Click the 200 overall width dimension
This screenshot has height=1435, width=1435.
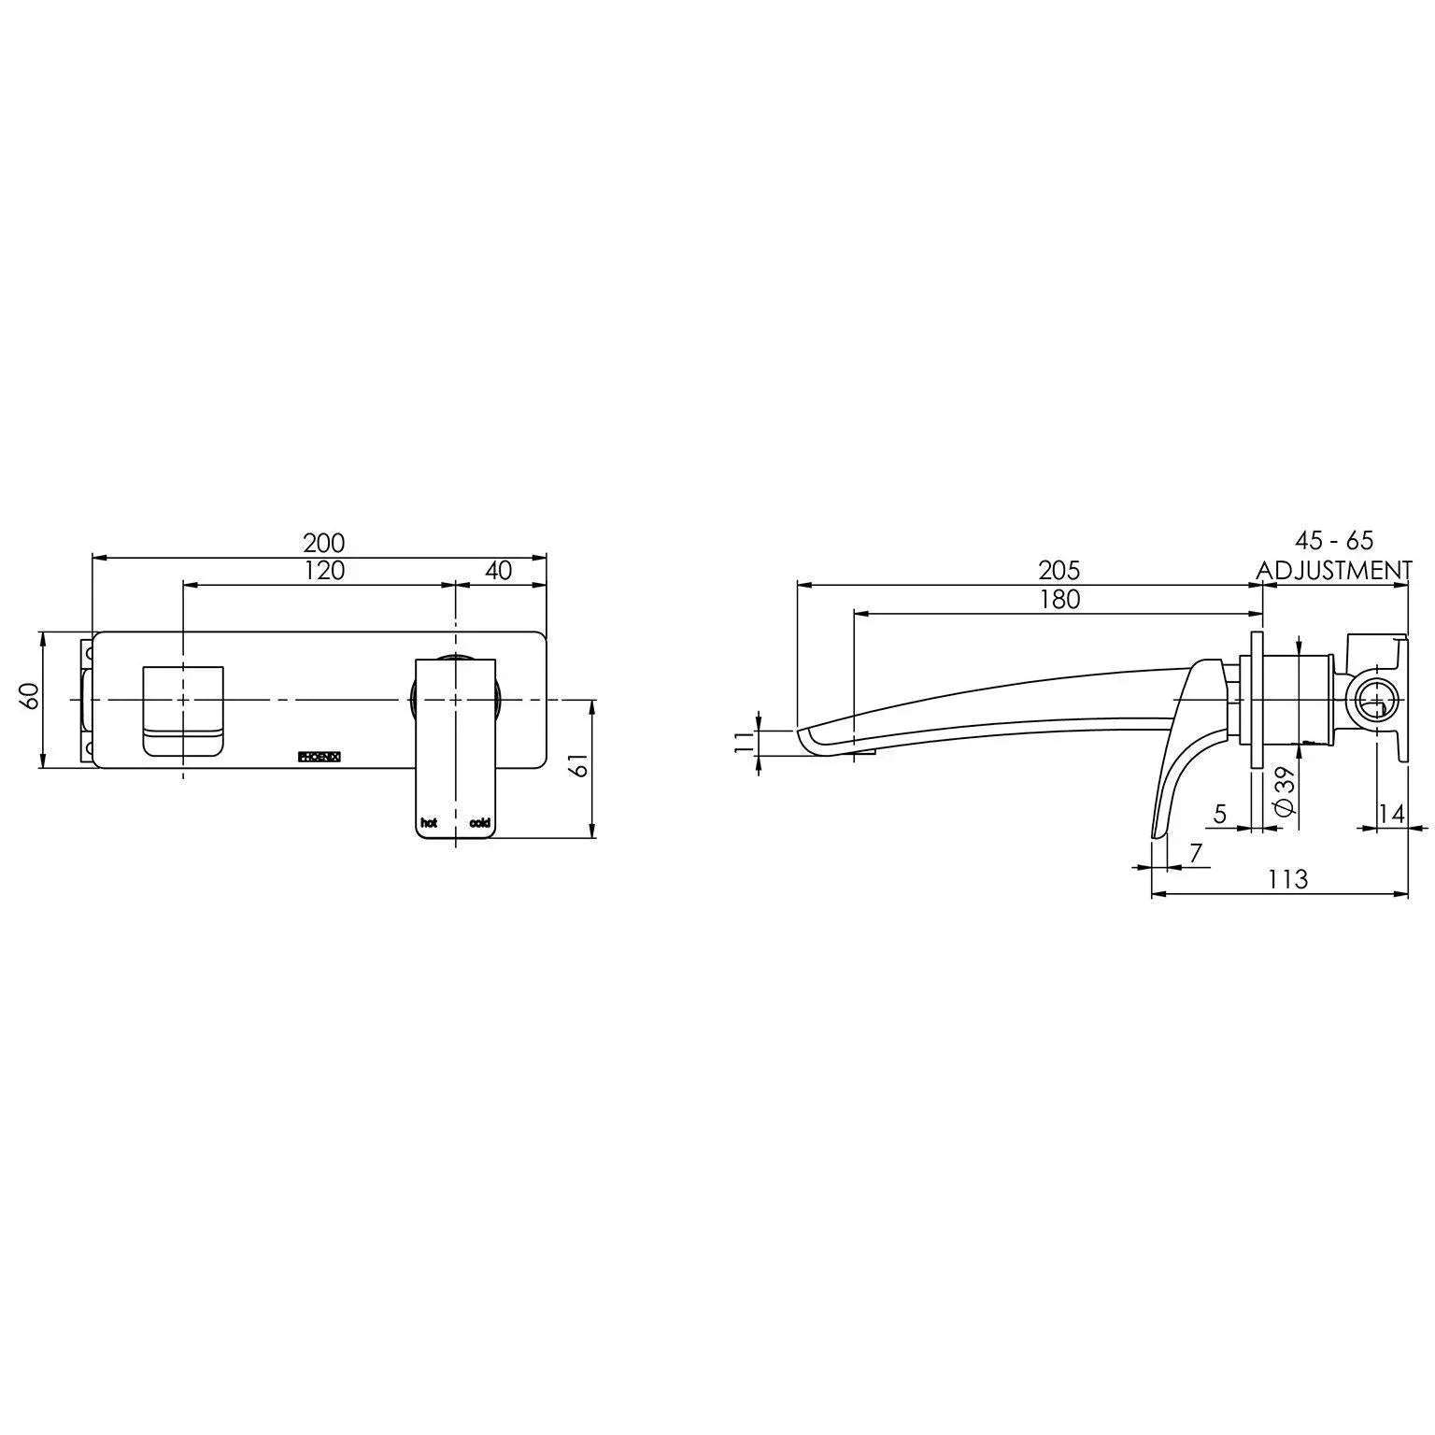pyautogui.click(x=323, y=543)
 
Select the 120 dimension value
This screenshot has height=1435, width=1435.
pyautogui.click(x=323, y=570)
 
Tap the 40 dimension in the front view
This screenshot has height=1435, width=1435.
pyautogui.click(x=499, y=570)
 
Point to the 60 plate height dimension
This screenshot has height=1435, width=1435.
pyautogui.click(x=31, y=695)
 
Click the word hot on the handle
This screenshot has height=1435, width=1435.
pyautogui.click(x=429, y=823)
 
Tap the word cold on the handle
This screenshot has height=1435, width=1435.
pyautogui.click(x=479, y=823)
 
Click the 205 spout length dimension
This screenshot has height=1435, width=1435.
pyautogui.click(x=1058, y=570)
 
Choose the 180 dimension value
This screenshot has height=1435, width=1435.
pyautogui.click(x=1058, y=599)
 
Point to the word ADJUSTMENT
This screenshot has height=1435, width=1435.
pyautogui.click(x=1333, y=570)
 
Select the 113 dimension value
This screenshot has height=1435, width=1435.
pyautogui.click(x=1288, y=879)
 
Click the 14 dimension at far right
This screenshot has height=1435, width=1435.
pyautogui.click(x=1391, y=814)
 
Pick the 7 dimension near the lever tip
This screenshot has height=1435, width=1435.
pyautogui.click(x=1195, y=852)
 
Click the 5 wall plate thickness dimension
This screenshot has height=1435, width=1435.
pyautogui.click(x=1219, y=814)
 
